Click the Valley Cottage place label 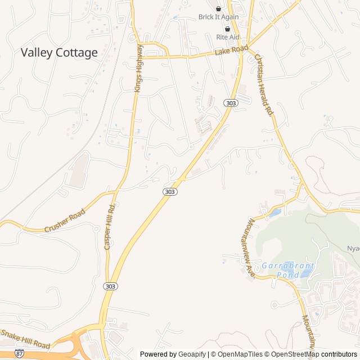point(59,53)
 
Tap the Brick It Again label point(219,17)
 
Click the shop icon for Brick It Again point(219,8)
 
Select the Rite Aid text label point(228,37)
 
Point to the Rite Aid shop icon point(228,28)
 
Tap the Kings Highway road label point(139,68)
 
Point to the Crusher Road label point(65,220)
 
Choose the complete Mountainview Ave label point(250,247)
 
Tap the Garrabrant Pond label point(288,270)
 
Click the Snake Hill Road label point(26,339)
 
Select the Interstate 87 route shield point(20,354)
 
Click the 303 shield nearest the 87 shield point(111,286)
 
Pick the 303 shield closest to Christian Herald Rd point(230,103)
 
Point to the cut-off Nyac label point(353,248)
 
